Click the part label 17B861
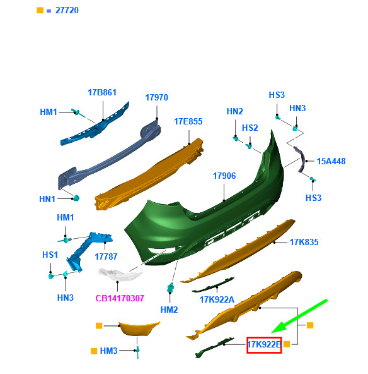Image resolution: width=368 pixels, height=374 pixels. [x=102, y=92]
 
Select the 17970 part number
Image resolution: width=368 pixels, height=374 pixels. [x=156, y=97]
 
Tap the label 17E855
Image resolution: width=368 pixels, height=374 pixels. [x=188, y=122]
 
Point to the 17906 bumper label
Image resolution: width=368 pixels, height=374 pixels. [x=224, y=176]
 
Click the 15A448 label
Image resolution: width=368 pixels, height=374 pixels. [x=331, y=162]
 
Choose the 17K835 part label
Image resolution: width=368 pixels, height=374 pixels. [x=304, y=243]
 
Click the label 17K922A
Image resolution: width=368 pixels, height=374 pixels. [x=217, y=300]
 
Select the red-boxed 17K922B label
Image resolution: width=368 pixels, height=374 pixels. [x=264, y=345]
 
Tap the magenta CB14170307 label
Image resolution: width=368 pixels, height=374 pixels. [x=120, y=298]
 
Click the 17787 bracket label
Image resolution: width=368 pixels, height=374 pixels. [x=106, y=257]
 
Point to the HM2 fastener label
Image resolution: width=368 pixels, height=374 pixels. [x=169, y=310]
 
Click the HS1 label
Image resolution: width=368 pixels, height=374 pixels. [x=50, y=255]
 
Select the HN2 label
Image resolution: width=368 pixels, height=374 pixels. [x=235, y=111]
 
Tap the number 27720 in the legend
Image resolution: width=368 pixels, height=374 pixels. [x=67, y=11]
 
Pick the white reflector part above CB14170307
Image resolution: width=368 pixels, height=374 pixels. [x=120, y=274]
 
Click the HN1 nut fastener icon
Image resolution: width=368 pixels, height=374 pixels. [x=76, y=198]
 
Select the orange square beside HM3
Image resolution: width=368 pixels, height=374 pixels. [x=94, y=351]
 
